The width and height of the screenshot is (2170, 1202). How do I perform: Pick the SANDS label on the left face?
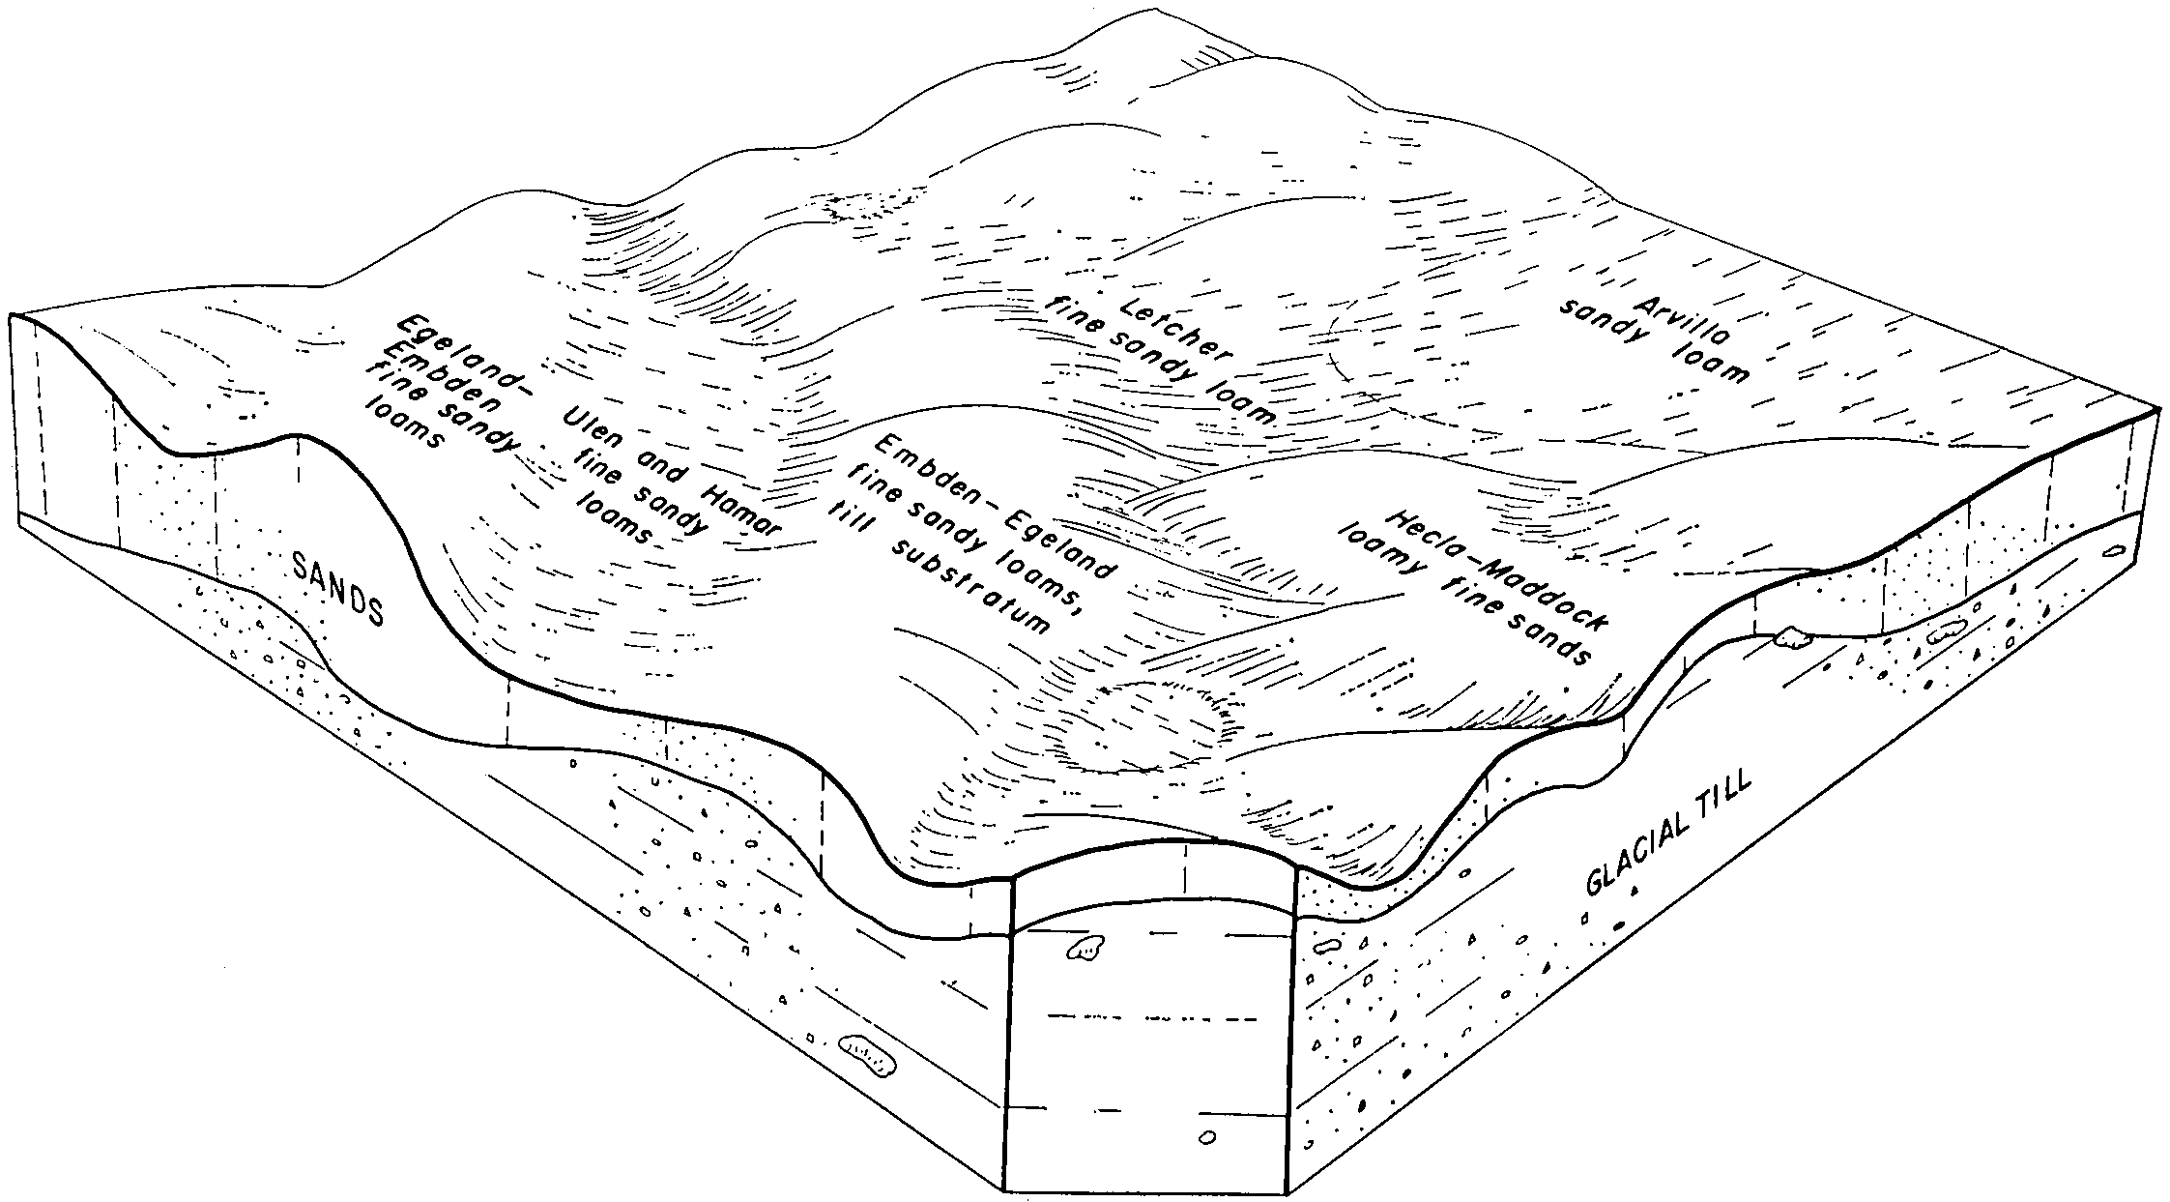click(x=337, y=588)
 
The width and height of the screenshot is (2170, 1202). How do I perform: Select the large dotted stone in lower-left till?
click(x=866, y=1057)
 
